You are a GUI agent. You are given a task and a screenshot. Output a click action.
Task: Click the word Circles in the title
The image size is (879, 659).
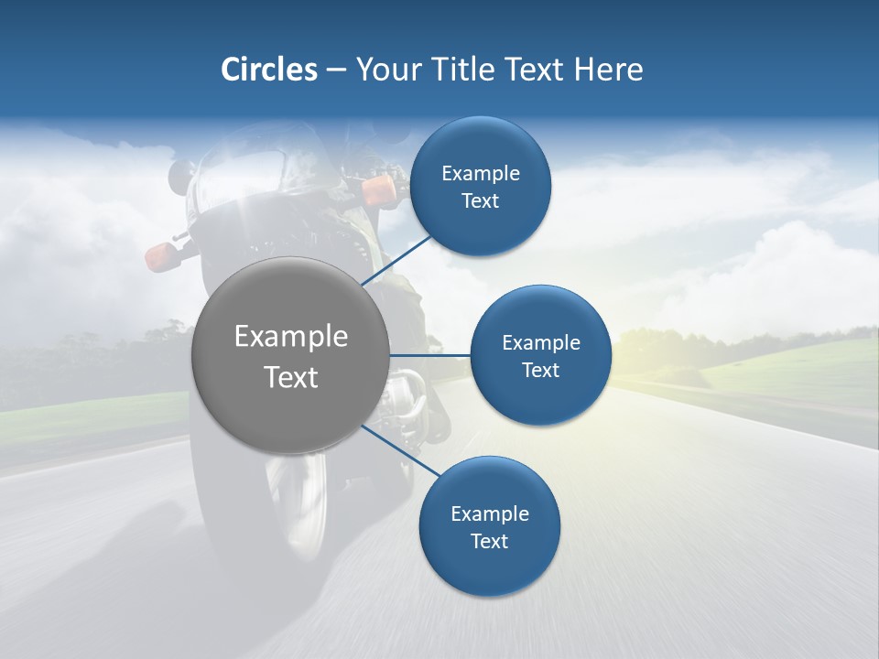coord(268,70)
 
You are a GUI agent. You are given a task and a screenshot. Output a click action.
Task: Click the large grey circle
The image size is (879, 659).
coord(290,355)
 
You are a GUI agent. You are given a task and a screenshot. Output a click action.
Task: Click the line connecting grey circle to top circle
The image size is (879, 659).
coord(398,259)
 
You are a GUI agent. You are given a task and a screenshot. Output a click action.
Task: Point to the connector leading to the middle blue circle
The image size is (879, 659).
coord(430,355)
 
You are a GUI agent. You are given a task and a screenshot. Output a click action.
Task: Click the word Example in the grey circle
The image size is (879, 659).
coord(290,337)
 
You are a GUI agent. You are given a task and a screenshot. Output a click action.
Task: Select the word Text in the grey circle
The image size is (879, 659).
coord(290,376)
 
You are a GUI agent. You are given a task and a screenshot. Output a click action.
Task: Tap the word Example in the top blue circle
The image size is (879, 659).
coord(481,174)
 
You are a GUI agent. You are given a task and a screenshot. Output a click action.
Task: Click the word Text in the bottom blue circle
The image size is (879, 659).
coord(489,541)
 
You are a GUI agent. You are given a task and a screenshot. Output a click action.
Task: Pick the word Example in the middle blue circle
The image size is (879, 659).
coord(540,343)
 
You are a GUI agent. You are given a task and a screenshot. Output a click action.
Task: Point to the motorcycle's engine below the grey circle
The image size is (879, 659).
coord(403,403)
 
